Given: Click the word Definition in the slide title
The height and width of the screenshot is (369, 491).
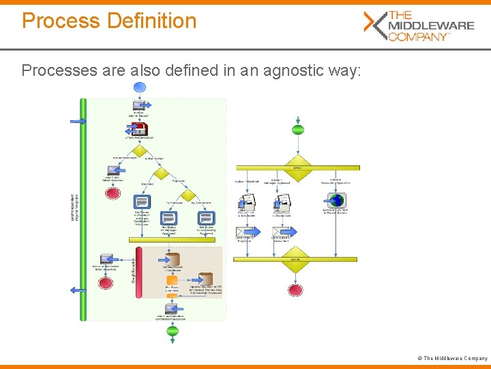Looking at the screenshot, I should [151, 20].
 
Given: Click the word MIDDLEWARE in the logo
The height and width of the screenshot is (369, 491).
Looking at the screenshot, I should [430, 25].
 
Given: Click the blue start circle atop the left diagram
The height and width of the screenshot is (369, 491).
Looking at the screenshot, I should [140, 87].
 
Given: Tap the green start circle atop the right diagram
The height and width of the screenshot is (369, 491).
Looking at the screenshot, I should [298, 130].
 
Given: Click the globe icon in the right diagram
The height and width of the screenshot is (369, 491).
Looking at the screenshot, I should [337, 201].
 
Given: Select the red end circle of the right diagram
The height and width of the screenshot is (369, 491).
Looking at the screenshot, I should [295, 290].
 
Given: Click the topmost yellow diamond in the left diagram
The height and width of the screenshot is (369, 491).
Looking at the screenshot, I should [140, 150].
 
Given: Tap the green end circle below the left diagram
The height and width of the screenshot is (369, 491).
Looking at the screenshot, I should [173, 331].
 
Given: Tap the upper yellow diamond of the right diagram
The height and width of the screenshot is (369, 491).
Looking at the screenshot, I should [298, 167].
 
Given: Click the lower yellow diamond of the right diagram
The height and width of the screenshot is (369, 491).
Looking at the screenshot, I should [295, 260].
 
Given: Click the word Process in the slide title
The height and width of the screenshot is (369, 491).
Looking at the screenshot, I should [61, 20].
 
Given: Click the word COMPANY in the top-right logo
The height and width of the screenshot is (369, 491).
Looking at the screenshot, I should [417, 36].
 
